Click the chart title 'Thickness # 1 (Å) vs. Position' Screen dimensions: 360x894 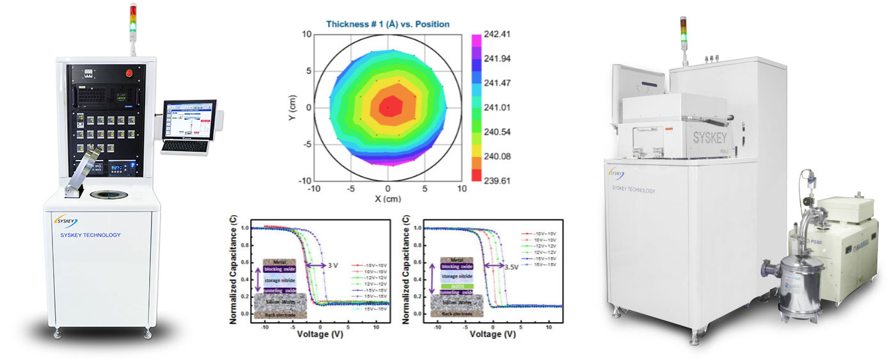388,24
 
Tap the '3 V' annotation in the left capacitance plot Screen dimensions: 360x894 333,264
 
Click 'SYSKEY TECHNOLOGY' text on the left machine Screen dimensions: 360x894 86,235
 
